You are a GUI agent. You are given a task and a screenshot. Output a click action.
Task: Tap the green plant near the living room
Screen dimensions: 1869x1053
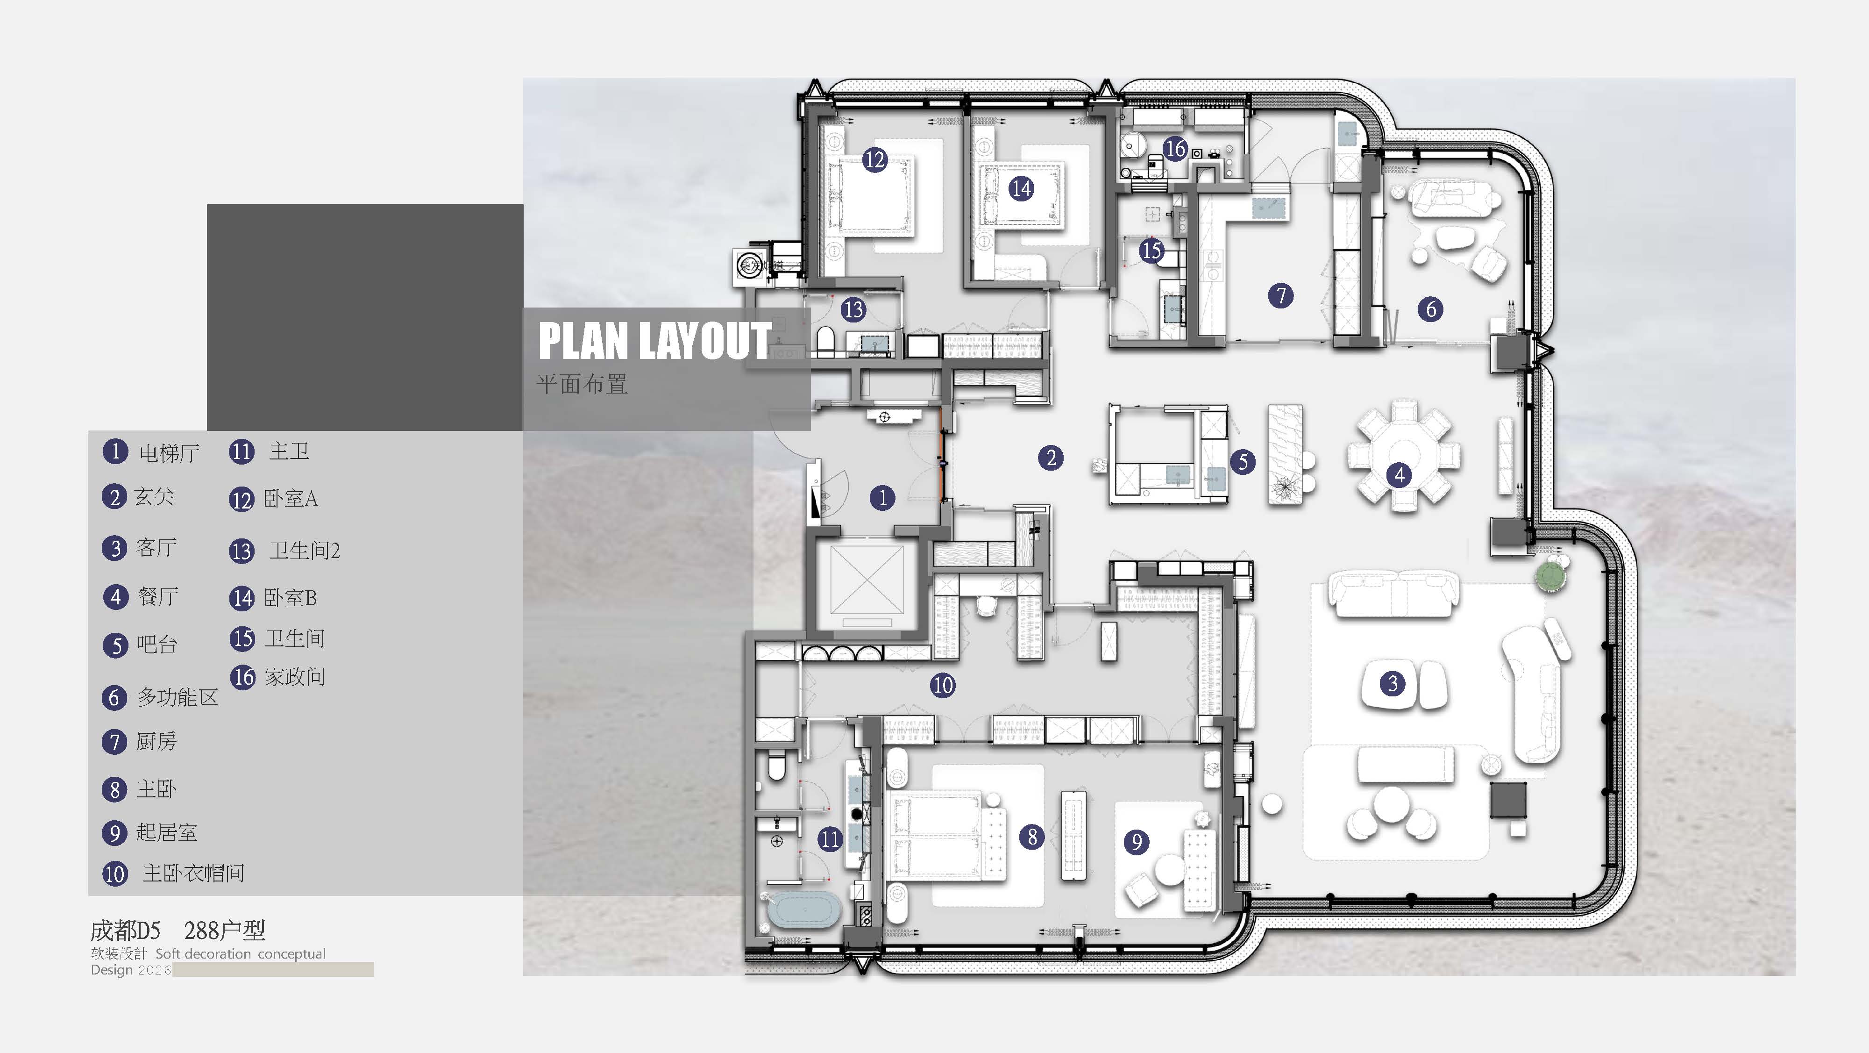(x=1550, y=575)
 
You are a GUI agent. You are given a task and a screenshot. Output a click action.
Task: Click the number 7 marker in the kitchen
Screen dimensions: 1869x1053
(x=1280, y=295)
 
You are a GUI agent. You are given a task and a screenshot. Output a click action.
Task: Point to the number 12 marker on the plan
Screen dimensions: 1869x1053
(x=874, y=160)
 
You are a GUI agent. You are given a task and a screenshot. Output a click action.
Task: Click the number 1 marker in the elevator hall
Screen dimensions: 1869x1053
(x=882, y=498)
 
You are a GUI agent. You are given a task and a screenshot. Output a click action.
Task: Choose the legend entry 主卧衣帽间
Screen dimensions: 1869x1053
(x=193, y=873)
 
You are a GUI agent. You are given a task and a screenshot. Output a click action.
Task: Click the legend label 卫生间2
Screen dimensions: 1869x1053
(x=305, y=551)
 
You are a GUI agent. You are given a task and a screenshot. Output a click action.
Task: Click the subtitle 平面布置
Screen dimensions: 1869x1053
(x=582, y=384)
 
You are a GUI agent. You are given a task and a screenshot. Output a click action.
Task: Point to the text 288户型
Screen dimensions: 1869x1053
(x=225, y=930)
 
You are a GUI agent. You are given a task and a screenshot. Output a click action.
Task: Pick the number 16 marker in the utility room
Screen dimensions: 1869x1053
(x=1175, y=149)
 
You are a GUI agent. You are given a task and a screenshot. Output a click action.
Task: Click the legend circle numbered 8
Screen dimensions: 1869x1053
(x=114, y=789)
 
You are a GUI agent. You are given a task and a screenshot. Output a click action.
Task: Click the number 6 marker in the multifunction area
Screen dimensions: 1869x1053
(x=1431, y=309)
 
